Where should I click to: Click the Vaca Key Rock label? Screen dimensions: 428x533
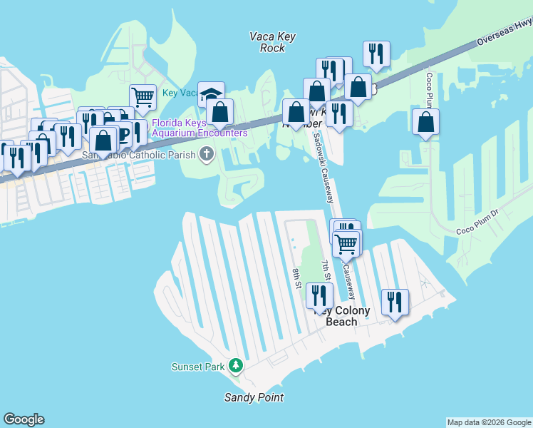268,41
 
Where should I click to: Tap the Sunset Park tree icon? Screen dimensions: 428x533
236,367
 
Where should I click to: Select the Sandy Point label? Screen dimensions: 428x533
254,398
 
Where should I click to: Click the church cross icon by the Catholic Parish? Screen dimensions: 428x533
207,153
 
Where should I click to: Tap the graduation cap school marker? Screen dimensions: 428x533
212,95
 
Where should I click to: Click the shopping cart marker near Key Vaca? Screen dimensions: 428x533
143,97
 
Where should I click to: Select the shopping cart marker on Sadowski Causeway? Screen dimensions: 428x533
346,244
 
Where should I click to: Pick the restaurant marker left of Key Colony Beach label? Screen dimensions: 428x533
320,295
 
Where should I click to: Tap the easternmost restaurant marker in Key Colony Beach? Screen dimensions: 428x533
395,301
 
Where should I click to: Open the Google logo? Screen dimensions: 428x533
24,419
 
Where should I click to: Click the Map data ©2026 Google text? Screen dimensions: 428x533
489,422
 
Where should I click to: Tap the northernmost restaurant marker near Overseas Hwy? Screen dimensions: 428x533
376,53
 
